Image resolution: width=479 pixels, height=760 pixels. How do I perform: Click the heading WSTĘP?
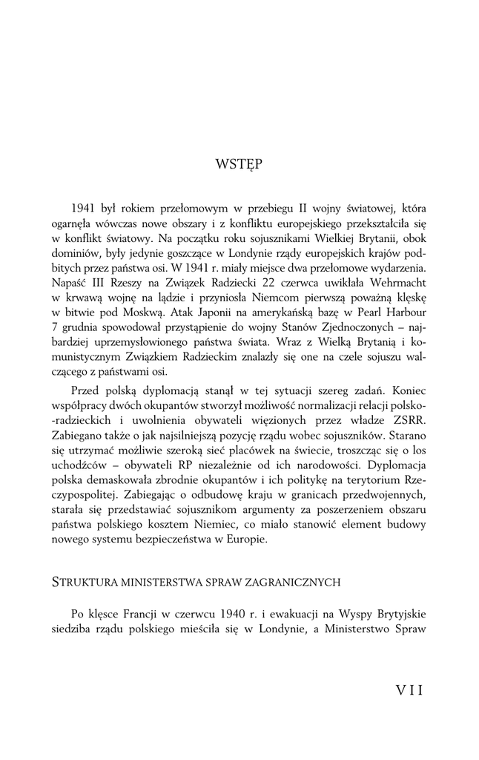[x=239, y=163]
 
